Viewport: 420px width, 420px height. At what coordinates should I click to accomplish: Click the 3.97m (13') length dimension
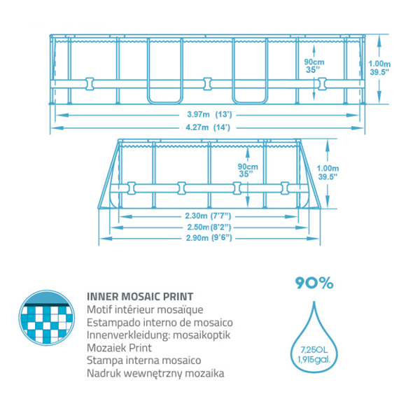coord(209,114)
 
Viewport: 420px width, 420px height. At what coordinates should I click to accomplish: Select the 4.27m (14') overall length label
coord(208,127)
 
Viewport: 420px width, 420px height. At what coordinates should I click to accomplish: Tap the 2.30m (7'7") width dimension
coord(208,216)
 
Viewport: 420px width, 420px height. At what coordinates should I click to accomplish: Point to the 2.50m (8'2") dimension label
coord(209,227)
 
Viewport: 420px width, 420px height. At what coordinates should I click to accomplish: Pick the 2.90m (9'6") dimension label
coord(209,238)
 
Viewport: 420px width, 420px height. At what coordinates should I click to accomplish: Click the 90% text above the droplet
coord(314,283)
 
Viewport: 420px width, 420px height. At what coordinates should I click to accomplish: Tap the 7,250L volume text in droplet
coord(314,349)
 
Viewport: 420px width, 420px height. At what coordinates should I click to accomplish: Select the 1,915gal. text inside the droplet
coord(314,360)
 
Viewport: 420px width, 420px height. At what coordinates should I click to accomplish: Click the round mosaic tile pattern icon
coord(47,318)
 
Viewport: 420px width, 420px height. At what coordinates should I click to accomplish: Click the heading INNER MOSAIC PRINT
coord(140,297)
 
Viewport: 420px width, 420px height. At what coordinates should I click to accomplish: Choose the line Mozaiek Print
coord(119,348)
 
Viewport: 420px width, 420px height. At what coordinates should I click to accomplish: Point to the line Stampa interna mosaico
coord(143,360)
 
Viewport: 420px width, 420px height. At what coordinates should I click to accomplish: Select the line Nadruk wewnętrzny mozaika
coord(155,373)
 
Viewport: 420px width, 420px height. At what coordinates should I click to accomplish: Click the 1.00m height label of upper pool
coord(379,68)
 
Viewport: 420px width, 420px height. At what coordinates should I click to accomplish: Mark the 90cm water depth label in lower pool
coord(248,170)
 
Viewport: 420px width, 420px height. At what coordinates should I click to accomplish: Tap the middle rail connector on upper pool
coord(208,84)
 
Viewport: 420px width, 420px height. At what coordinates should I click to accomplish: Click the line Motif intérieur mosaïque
coord(145,309)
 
